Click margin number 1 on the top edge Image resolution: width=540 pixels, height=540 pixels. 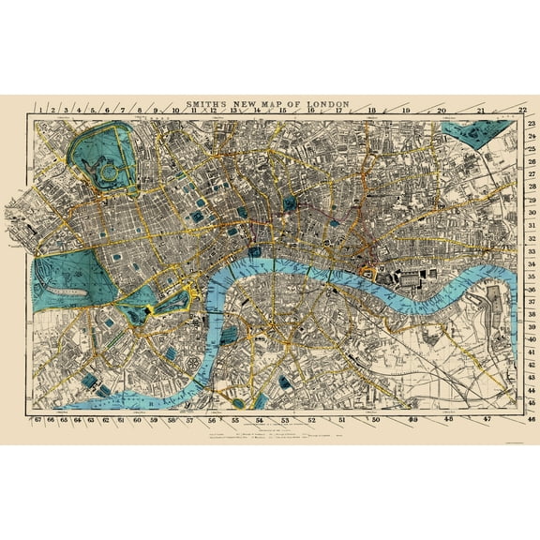pos(38,111)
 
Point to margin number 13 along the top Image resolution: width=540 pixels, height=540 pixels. pos(232,111)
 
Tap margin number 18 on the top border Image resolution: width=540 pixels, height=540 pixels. pos(372,111)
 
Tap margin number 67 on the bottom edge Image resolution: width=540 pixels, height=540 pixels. pos(37,421)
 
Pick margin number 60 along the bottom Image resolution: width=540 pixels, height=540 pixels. pos(137,421)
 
